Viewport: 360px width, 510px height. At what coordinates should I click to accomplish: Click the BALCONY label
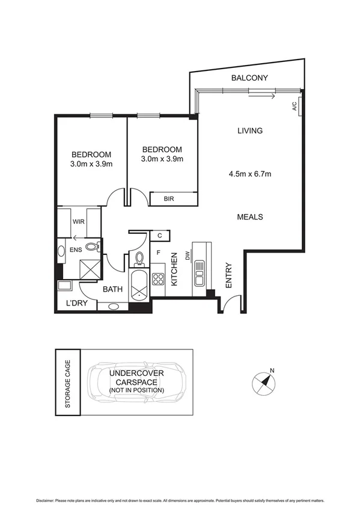point(249,78)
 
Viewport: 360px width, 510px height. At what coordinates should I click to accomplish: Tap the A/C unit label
point(294,107)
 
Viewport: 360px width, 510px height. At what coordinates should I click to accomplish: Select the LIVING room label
point(249,131)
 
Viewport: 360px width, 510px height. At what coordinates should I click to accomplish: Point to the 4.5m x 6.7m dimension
point(250,175)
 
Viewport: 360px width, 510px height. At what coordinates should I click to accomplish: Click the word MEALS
point(250,217)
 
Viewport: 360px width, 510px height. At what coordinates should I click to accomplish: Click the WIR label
point(78,222)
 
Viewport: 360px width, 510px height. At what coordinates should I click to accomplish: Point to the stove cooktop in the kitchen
point(158,279)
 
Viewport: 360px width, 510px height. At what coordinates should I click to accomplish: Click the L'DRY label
point(77,304)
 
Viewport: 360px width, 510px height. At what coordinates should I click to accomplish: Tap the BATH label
point(112,289)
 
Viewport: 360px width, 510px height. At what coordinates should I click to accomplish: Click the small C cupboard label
point(160,236)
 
